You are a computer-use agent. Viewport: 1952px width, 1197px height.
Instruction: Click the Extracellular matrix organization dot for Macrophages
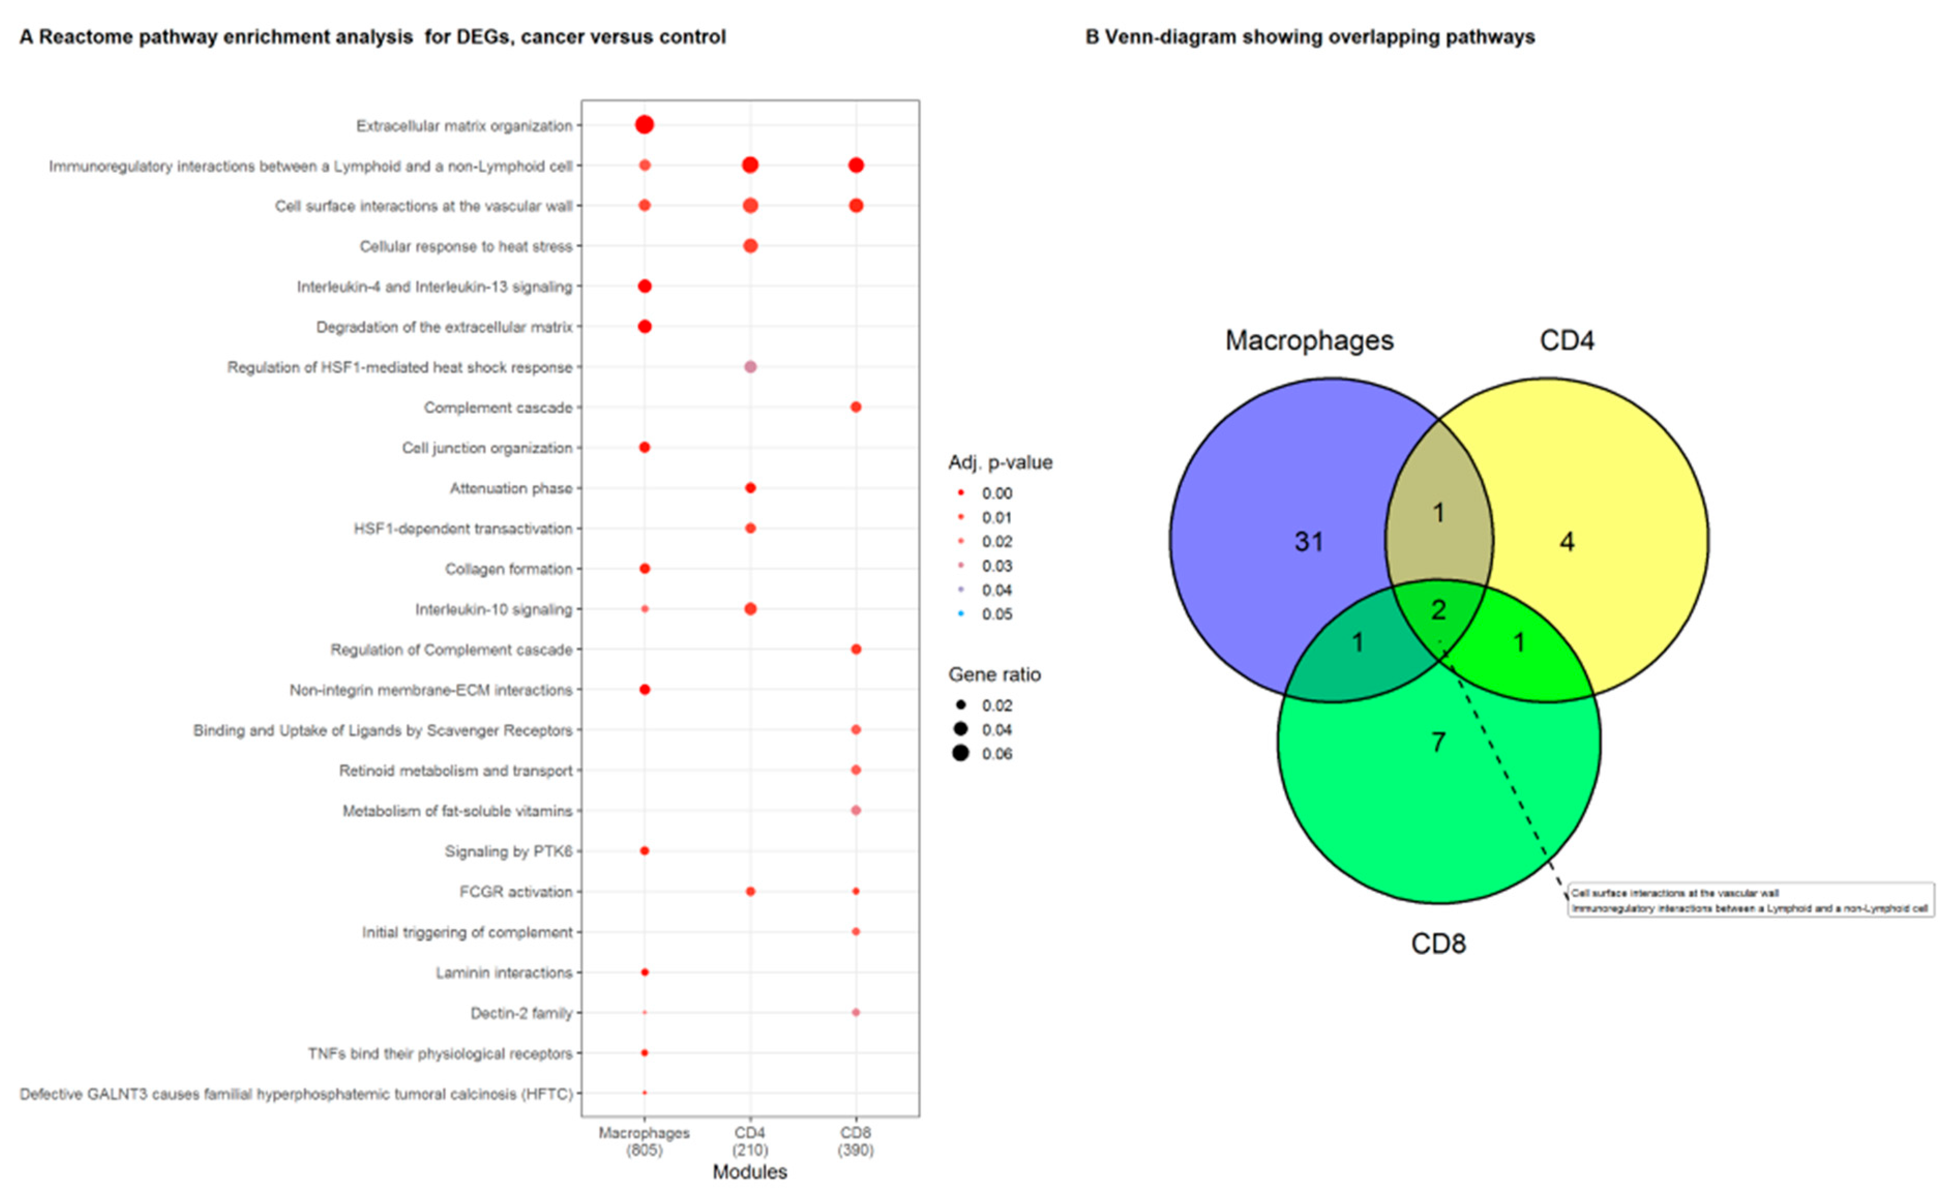[x=644, y=125]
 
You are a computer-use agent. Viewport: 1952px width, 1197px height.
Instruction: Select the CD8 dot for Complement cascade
[x=856, y=407]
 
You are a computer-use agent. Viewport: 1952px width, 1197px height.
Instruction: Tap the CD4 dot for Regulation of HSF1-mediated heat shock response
[x=750, y=367]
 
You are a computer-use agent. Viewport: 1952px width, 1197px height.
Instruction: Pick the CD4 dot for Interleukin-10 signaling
[x=750, y=608]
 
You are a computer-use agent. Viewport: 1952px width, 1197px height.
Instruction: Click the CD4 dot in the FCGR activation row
[x=750, y=891]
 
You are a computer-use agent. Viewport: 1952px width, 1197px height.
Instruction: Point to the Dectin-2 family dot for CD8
[x=856, y=1012]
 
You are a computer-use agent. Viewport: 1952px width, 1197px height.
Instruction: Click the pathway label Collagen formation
[x=508, y=569]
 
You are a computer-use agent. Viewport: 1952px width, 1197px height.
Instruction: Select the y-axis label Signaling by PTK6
[x=508, y=851]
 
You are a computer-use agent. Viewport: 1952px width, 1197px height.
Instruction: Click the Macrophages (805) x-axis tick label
[x=644, y=1141]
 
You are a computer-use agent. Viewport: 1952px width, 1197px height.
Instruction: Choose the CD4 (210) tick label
[x=750, y=1141]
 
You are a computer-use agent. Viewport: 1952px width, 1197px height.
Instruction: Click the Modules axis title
[x=750, y=1172]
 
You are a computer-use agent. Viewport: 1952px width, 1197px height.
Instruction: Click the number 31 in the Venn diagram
[x=1309, y=542]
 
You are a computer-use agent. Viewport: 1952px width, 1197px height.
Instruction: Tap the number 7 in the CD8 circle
[x=1439, y=742]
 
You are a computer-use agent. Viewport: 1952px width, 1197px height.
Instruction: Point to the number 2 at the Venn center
[x=1439, y=609]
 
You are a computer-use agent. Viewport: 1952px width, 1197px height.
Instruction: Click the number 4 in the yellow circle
[x=1567, y=542]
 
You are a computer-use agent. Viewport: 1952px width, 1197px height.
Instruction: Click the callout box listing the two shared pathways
[x=1751, y=900]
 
